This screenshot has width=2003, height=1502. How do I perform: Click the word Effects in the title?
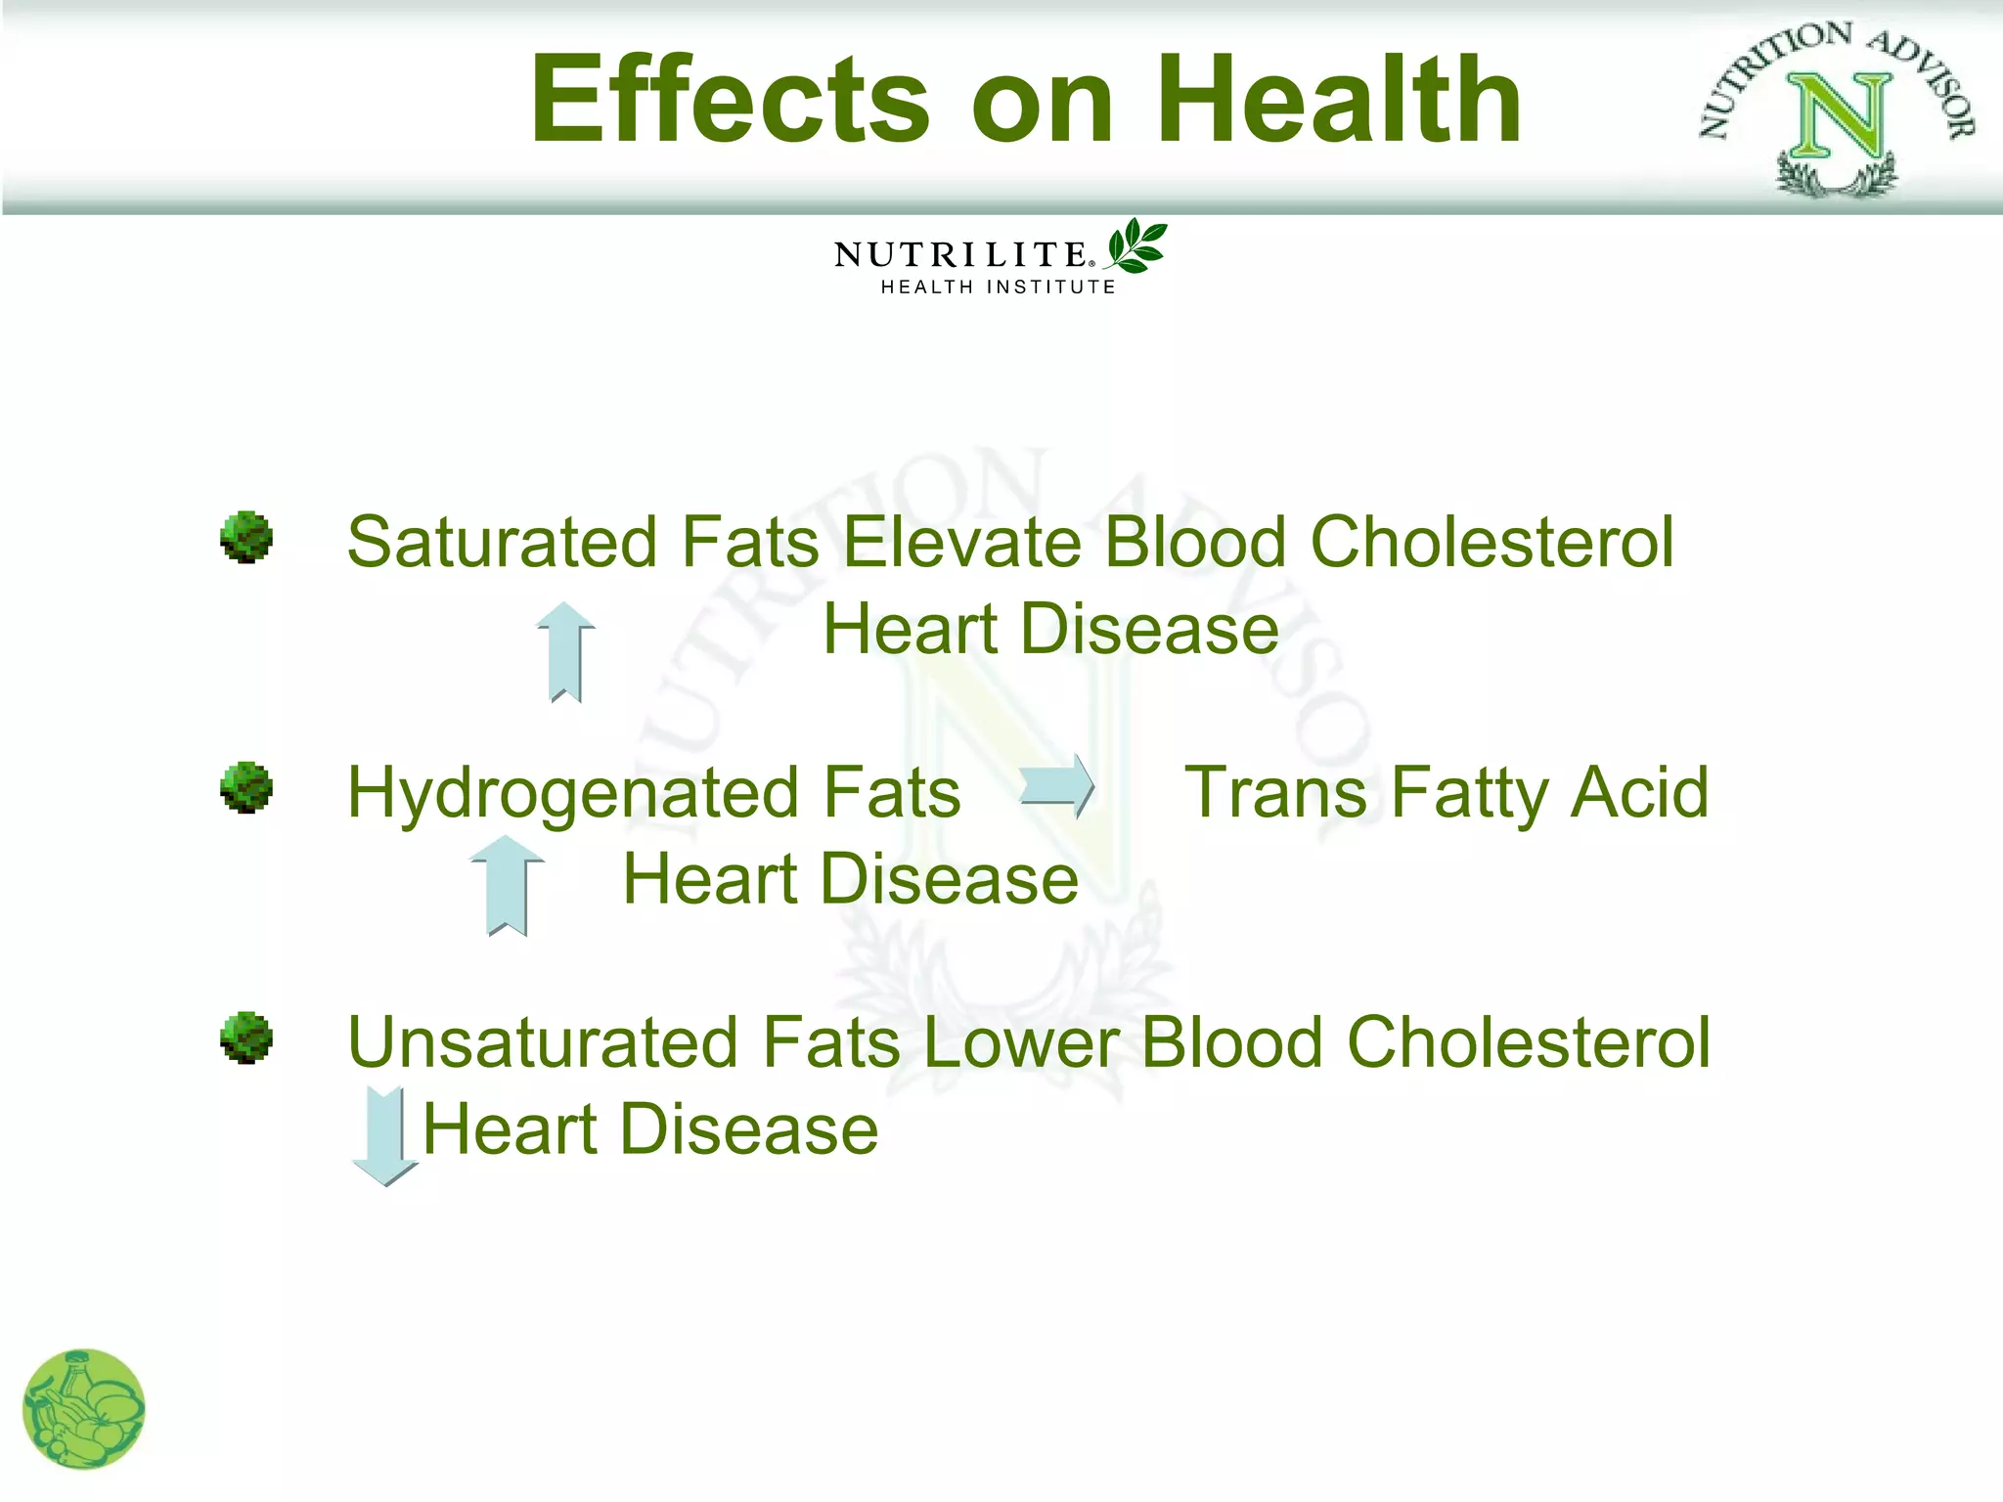click(729, 100)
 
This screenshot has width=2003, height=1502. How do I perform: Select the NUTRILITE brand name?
click(960, 254)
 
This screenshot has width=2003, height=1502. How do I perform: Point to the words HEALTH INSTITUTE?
click(998, 287)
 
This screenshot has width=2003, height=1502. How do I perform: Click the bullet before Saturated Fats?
click(245, 537)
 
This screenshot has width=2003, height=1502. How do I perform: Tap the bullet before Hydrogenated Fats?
click(245, 787)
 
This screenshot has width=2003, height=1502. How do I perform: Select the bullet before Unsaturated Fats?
click(245, 1038)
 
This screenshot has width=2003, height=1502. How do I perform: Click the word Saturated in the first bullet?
click(502, 542)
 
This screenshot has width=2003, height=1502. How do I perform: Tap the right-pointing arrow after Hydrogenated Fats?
click(1057, 785)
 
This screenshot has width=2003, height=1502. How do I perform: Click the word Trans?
click(1274, 792)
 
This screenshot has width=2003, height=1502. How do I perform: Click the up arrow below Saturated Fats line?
click(566, 651)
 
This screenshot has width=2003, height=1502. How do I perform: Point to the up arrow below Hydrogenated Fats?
click(507, 885)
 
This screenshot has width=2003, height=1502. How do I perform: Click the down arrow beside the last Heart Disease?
click(385, 1134)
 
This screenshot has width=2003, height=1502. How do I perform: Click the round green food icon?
click(84, 1409)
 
